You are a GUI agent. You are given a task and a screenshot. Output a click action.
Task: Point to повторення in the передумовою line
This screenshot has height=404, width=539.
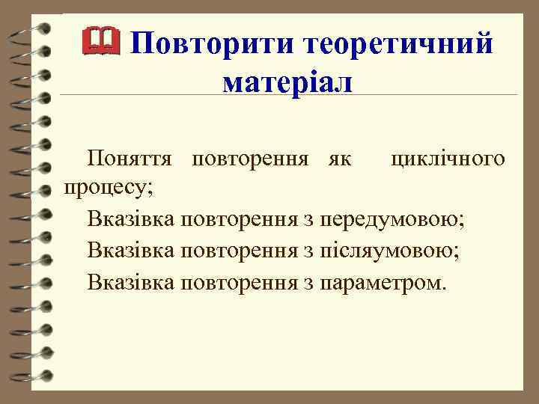(240, 220)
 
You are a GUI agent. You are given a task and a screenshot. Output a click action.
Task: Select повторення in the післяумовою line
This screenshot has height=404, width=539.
(240, 251)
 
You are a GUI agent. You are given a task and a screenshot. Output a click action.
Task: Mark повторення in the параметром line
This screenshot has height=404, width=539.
(240, 282)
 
